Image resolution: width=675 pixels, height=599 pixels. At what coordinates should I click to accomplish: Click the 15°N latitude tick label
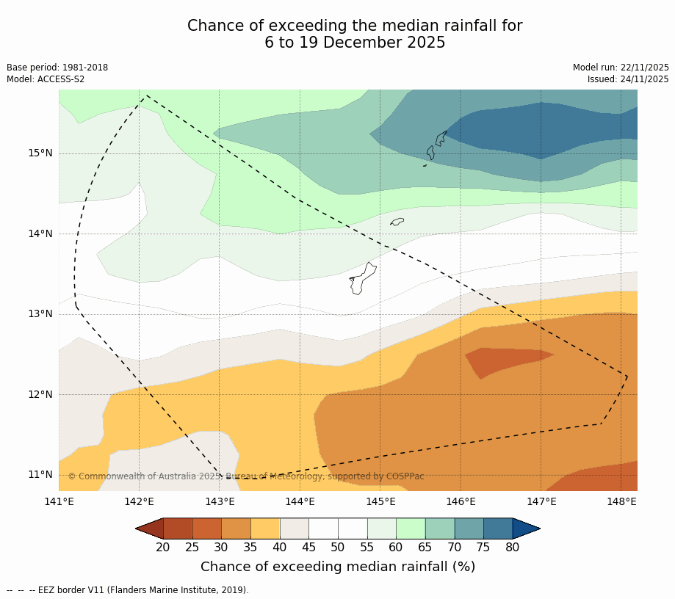coord(40,153)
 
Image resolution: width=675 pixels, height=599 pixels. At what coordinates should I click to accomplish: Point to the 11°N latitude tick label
coord(40,474)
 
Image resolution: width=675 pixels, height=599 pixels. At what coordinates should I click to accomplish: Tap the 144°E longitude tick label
coord(300,502)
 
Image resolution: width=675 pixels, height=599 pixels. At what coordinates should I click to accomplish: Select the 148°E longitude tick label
coord(621,502)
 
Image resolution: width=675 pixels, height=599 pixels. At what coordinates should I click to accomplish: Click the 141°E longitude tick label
coord(59,502)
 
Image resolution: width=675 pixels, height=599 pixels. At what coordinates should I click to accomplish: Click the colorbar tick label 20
coord(163,547)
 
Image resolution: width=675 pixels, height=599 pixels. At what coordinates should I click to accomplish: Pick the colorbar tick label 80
coord(513,547)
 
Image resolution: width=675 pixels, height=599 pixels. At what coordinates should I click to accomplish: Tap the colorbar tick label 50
coord(338,547)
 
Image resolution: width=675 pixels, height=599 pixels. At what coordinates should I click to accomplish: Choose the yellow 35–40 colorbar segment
coord(265,529)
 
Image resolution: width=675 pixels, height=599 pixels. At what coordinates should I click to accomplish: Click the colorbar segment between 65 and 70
coord(440,529)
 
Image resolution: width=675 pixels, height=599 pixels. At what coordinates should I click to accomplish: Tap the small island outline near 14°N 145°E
coord(397,222)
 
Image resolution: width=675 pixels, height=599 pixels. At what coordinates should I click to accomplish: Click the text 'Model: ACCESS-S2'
coord(46,79)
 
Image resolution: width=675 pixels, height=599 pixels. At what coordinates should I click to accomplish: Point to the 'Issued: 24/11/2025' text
coord(628,79)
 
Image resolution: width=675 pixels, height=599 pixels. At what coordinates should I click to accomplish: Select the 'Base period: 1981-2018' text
coord(57,68)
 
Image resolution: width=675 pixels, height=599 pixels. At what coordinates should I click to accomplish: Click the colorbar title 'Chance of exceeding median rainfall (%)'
coord(338,567)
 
